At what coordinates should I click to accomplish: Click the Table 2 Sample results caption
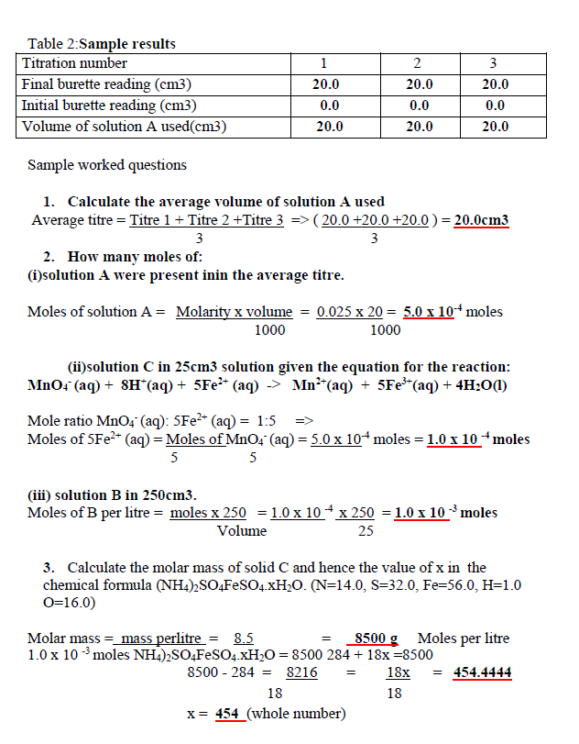(102, 44)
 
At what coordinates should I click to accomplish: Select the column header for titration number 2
(418, 63)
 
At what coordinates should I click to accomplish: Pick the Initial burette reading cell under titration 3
(496, 105)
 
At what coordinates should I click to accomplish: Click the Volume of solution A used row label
(124, 126)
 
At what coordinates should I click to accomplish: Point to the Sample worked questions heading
(107, 165)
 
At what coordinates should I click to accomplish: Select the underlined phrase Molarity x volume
(235, 312)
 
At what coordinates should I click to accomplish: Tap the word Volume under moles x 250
(242, 531)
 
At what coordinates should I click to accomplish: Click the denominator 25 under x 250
(366, 531)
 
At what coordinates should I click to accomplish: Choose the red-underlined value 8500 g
(376, 639)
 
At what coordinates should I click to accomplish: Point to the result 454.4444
(482, 673)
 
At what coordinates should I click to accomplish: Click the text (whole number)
(296, 714)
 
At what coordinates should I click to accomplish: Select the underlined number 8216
(301, 673)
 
